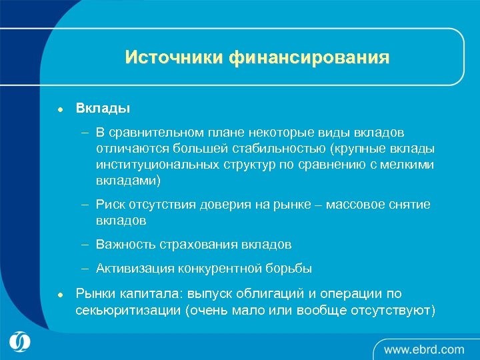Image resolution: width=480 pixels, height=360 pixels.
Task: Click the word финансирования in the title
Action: coord(309,58)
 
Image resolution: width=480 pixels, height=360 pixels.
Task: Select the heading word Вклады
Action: coord(103,107)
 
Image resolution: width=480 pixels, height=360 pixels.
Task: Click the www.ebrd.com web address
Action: coord(424,349)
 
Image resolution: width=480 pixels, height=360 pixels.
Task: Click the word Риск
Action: coord(111,204)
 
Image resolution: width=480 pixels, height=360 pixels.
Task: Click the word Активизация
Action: coord(135,269)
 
